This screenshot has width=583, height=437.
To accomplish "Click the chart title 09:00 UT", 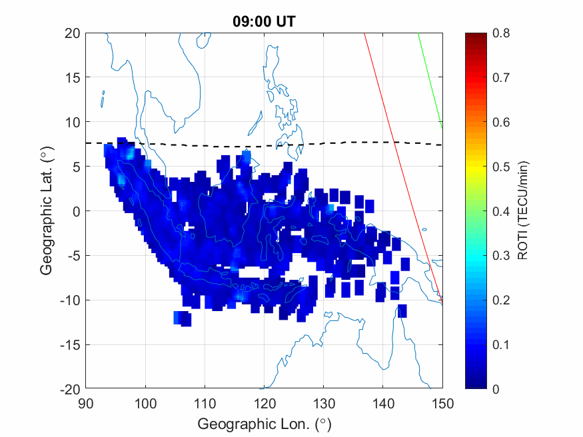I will [x=264, y=21].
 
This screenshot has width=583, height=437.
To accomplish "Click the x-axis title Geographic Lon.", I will [x=264, y=424].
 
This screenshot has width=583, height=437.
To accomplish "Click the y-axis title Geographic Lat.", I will [x=46, y=211].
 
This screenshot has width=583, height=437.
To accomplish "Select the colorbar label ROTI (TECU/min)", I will [x=524, y=211].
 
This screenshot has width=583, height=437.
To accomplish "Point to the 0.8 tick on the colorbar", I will [x=502, y=33].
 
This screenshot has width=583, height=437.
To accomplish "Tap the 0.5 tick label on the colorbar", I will [x=502, y=167].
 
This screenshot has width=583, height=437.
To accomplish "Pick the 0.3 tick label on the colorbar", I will [x=502, y=256].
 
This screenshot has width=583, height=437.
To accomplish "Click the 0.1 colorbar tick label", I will [x=502, y=344].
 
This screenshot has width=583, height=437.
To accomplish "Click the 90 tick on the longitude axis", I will [x=86, y=402].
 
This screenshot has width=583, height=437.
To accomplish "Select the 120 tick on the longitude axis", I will [x=265, y=402].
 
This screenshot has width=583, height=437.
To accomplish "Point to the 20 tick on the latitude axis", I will [x=73, y=33].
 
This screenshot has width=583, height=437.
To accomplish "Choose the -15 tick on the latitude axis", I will [x=70, y=344].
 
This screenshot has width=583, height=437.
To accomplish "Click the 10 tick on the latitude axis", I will [x=73, y=122].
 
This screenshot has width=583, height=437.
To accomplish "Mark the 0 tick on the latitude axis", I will [x=76, y=211].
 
